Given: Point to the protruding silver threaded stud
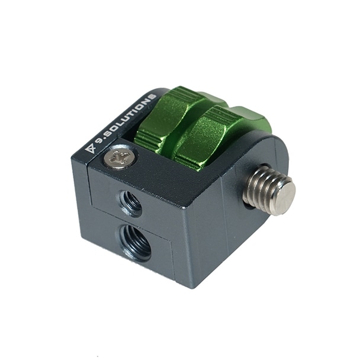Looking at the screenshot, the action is point(269,189).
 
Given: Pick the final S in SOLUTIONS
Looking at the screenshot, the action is point(152,97).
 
